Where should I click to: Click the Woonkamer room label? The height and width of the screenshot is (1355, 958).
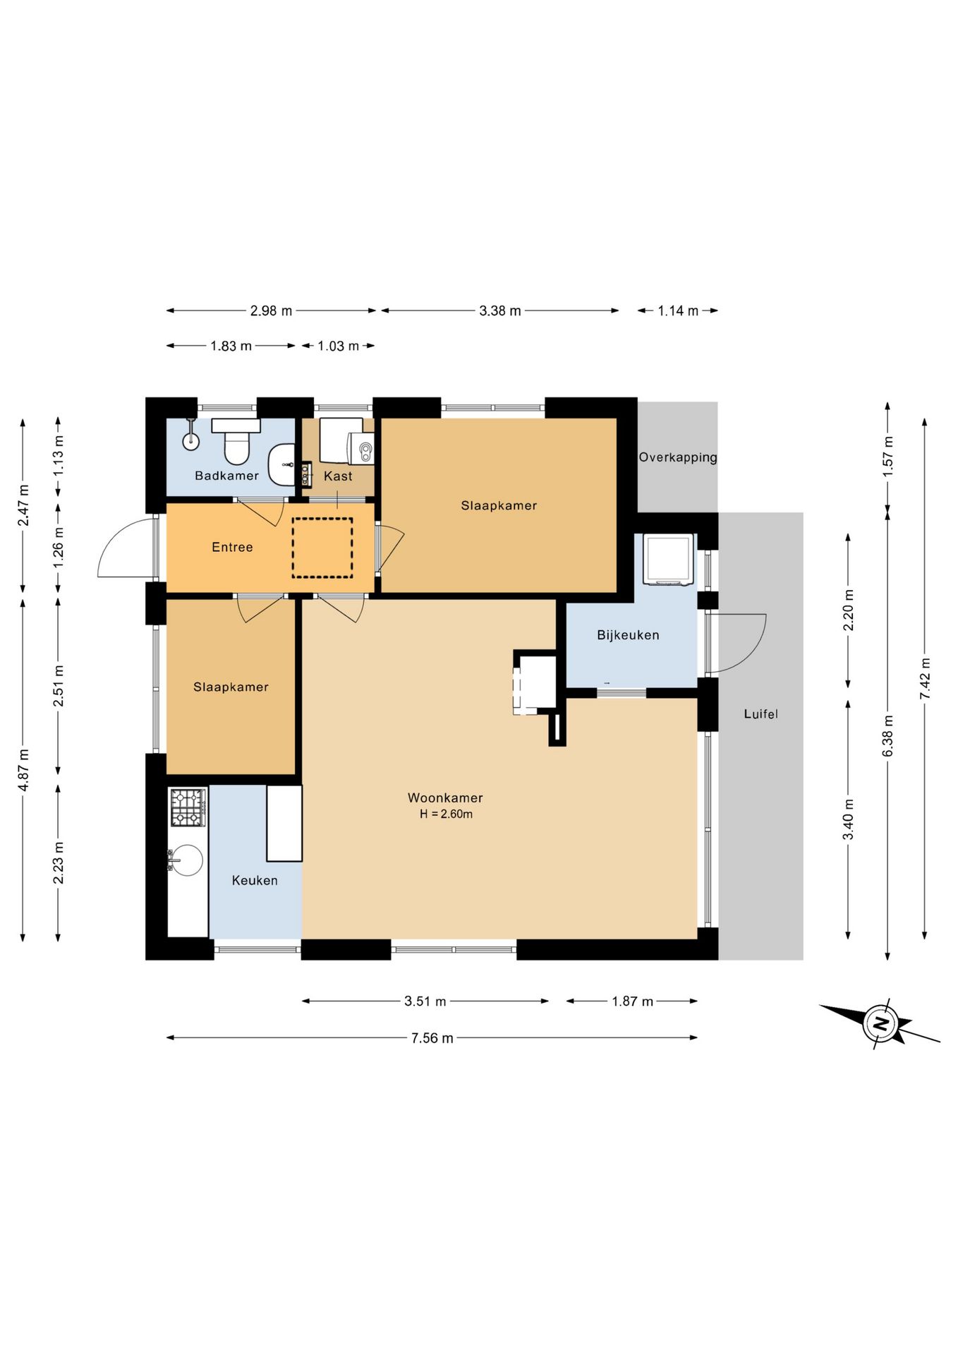[x=445, y=797]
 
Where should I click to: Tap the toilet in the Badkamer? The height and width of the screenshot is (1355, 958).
[x=236, y=442]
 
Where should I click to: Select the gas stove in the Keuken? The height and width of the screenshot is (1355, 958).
[x=188, y=807]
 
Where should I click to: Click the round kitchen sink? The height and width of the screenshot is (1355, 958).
[x=186, y=860]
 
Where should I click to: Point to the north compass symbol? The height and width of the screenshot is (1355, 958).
[x=880, y=1023]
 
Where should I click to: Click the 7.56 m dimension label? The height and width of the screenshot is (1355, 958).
[x=432, y=1038]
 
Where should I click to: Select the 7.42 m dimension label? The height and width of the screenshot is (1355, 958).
[x=925, y=678]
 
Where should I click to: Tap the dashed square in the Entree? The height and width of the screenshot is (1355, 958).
[x=322, y=548]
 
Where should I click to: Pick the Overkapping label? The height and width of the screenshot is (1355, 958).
[x=678, y=457]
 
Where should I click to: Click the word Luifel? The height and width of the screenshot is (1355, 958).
[x=760, y=714]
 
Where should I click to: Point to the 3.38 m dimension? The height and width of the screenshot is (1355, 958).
[x=500, y=311]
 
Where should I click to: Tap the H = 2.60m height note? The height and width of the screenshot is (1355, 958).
[x=446, y=814]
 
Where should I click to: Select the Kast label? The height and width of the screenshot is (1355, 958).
[x=338, y=476]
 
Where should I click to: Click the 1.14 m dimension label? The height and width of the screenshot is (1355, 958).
[x=678, y=311]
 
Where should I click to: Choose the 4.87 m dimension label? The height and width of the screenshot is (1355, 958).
[x=23, y=769]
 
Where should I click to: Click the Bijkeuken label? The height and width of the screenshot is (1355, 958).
[x=628, y=635]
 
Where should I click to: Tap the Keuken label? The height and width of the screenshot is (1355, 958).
[x=255, y=880]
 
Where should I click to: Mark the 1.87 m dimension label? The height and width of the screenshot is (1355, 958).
[x=632, y=1001]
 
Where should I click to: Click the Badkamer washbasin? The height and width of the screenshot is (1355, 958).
[x=282, y=465]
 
